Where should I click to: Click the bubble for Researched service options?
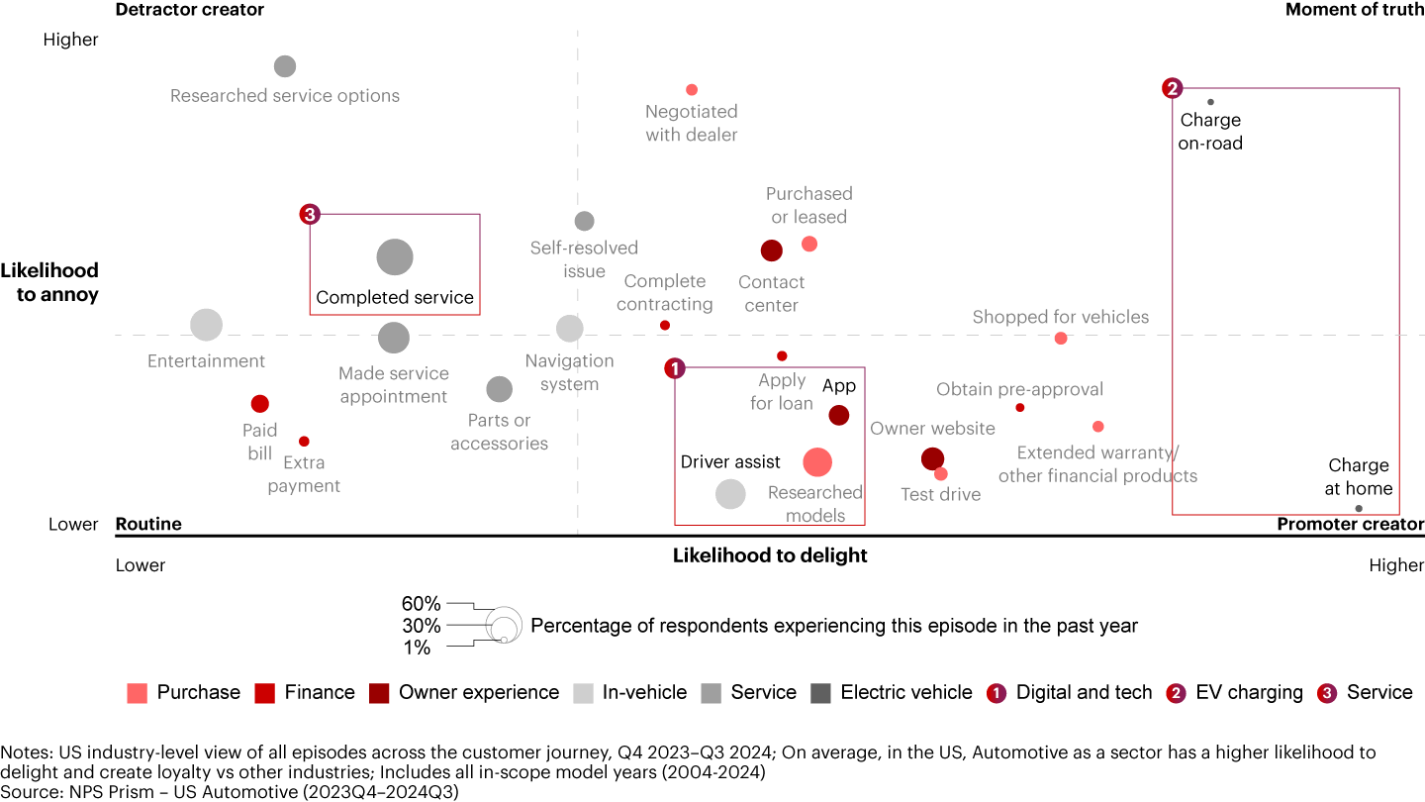point(285,66)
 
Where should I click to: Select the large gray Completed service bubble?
point(395,257)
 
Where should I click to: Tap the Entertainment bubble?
point(206,324)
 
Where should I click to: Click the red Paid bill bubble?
point(260,404)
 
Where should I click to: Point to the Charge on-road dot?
point(1210,102)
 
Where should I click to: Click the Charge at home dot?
point(1359,508)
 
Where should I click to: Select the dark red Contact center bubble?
point(772,251)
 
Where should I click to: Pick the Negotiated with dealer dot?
point(692,90)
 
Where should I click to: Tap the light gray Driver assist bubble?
point(730,493)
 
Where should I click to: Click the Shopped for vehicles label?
point(1061,317)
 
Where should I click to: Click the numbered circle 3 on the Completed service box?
point(310,214)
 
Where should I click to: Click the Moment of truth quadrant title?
point(1355,10)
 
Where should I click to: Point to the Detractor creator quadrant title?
point(190,10)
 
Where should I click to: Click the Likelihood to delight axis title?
point(770,555)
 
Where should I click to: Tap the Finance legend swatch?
point(264,693)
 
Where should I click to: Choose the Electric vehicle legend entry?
point(891,693)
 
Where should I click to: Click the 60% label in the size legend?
point(421,604)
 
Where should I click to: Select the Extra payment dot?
point(304,442)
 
